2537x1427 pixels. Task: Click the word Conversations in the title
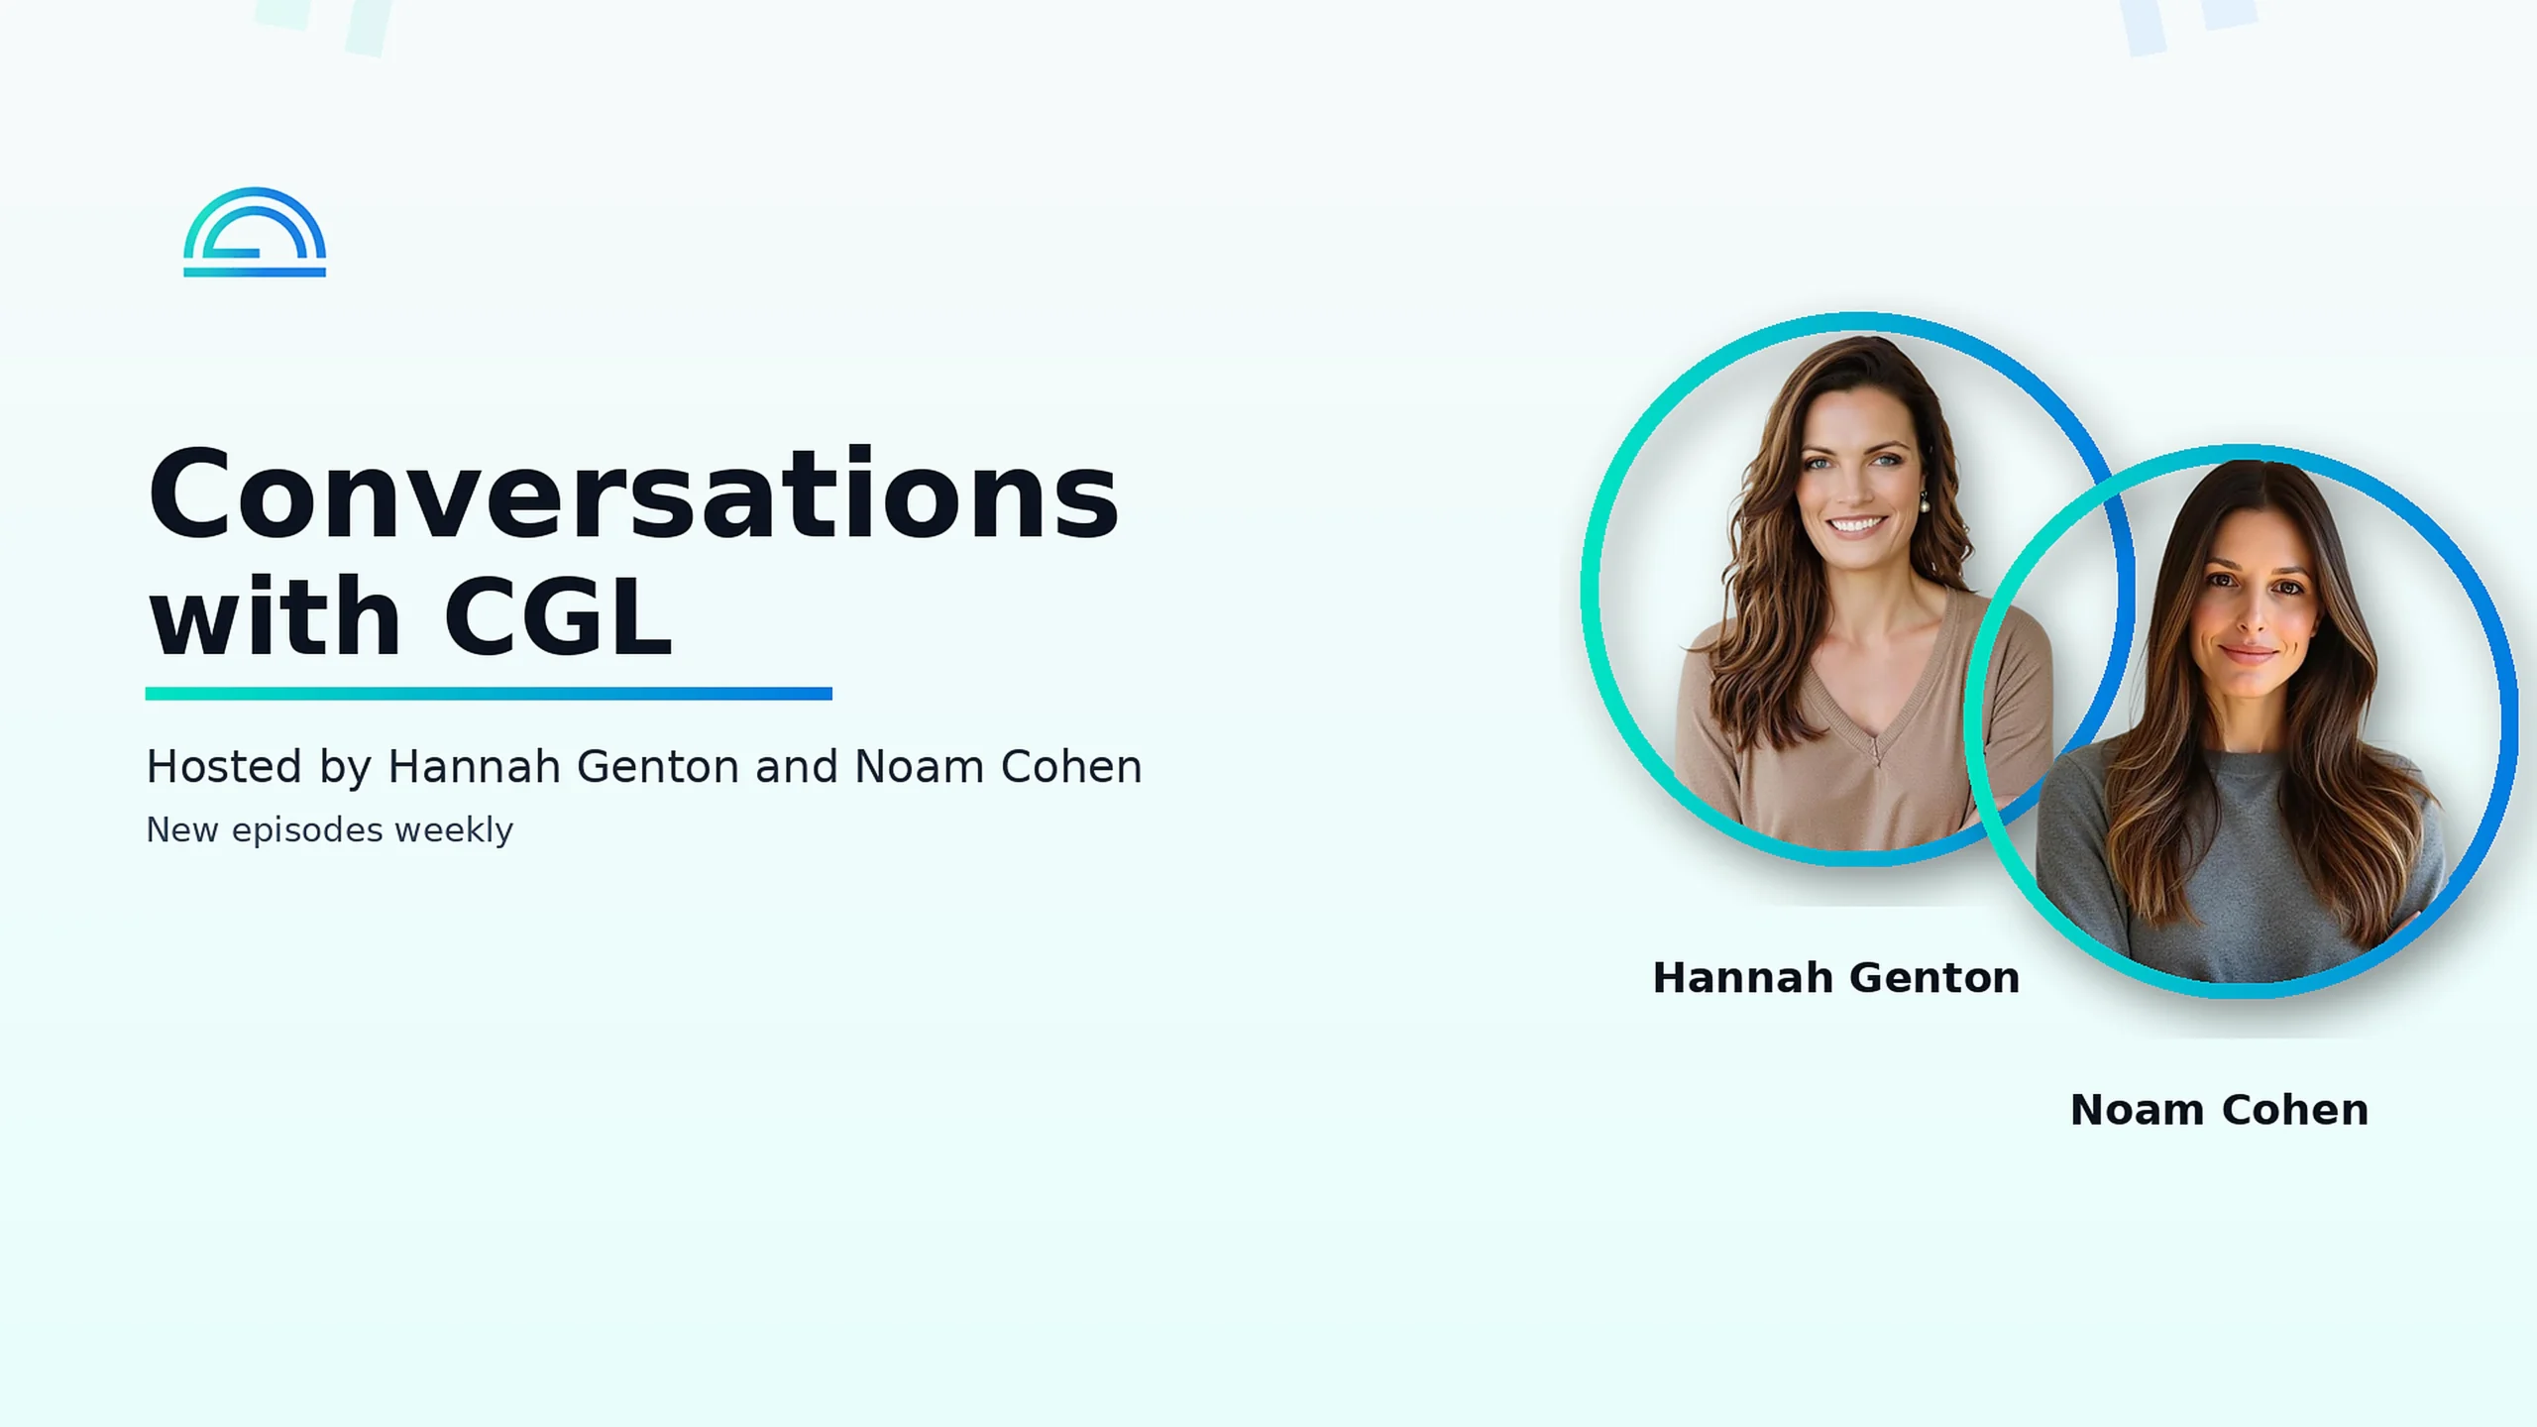tap(633, 494)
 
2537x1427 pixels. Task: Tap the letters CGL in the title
tap(558, 615)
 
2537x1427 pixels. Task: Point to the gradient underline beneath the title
tap(489, 694)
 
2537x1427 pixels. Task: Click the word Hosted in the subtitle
tap(224, 766)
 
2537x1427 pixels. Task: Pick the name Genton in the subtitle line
tap(658, 766)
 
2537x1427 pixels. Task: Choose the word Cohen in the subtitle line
tap(1071, 766)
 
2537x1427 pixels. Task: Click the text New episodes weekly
tap(329, 830)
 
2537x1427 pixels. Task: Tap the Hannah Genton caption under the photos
tap(1836, 978)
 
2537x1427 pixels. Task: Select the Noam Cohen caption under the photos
tap(2220, 1110)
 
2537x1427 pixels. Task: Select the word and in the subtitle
tap(797, 766)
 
